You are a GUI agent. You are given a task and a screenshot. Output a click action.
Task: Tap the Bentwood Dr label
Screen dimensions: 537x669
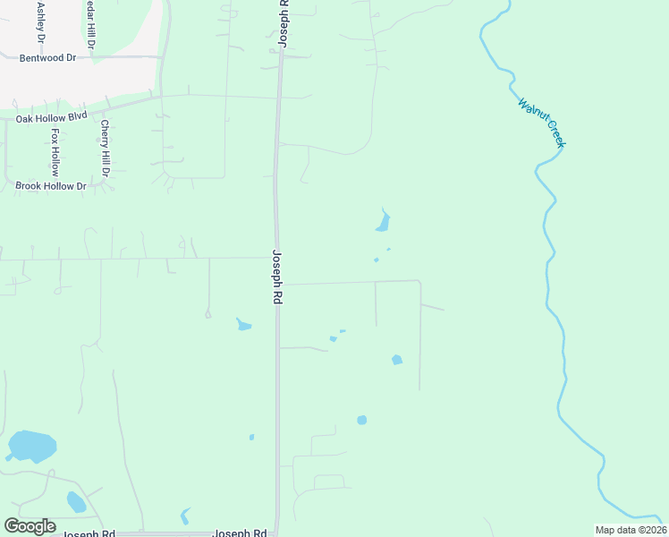coord(47,57)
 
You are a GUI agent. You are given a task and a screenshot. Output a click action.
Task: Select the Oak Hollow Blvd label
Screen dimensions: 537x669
coord(51,117)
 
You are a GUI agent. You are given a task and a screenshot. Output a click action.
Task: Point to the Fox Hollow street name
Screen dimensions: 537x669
coord(55,151)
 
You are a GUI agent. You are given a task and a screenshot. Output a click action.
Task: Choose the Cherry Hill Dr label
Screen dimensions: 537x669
coord(105,148)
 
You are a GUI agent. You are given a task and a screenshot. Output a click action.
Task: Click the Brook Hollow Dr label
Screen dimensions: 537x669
coord(50,186)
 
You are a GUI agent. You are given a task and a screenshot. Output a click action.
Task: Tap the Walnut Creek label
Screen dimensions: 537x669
coord(542,123)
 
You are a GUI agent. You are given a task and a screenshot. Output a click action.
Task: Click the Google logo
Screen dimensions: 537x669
coord(30,526)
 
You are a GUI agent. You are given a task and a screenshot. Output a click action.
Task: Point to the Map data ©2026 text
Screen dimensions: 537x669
coord(630,530)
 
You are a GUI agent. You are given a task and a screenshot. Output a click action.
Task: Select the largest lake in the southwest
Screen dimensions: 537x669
coord(31,446)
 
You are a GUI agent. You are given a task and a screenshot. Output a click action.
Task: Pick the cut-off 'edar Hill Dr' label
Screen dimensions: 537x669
coord(89,19)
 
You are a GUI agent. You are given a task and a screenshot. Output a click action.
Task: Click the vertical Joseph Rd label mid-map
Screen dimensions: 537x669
coord(277,279)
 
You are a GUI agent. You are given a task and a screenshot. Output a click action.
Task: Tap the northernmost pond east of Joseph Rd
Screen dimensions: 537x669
coord(384,221)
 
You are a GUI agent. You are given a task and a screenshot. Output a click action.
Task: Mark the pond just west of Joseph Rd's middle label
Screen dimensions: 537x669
coord(243,324)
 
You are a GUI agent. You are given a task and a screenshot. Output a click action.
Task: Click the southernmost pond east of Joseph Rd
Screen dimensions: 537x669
coord(361,420)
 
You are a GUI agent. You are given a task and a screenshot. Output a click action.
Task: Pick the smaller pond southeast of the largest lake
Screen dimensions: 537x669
coord(76,501)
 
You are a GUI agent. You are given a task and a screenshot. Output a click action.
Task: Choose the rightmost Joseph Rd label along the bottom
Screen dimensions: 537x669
coord(240,533)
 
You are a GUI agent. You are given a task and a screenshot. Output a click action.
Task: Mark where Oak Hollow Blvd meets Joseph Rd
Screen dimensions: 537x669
coord(278,98)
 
